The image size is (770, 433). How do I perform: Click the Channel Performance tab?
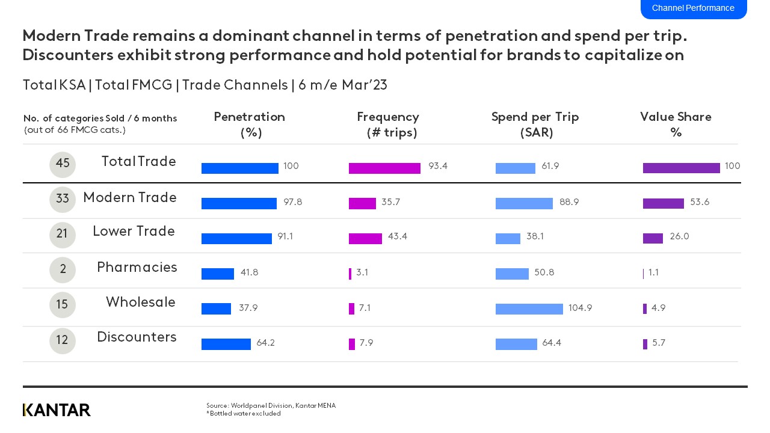(693, 8)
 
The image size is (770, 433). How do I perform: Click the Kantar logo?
(57, 410)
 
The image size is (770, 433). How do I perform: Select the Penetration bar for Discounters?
(226, 344)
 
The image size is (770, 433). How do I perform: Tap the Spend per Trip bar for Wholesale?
(529, 309)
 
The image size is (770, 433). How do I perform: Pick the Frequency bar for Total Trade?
(384, 168)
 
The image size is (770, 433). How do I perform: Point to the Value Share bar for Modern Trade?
(663, 203)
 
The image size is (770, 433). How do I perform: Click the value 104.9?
(580, 308)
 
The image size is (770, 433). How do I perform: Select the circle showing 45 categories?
(63, 164)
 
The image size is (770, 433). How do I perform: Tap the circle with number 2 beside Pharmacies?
(63, 270)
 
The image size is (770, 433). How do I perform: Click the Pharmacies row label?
(137, 267)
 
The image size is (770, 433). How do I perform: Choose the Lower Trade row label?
(134, 232)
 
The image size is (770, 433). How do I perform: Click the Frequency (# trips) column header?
(388, 124)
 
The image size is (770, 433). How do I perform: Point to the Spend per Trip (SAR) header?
(535, 124)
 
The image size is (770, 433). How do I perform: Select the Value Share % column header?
(676, 124)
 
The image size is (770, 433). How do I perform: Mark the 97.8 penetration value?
(292, 202)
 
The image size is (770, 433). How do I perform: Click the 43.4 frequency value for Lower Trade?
(397, 237)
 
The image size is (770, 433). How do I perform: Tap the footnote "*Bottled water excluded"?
(243, 414)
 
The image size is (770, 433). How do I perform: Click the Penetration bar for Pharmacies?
(217, 274)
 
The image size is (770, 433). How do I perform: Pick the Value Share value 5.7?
(659, 343)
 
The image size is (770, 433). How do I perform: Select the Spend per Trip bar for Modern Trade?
(524, 203)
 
